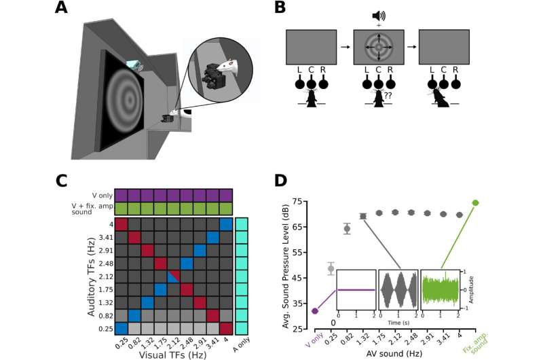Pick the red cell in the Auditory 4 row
[121, 225]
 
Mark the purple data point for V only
[314, 311]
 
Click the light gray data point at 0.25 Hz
[331, 268]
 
